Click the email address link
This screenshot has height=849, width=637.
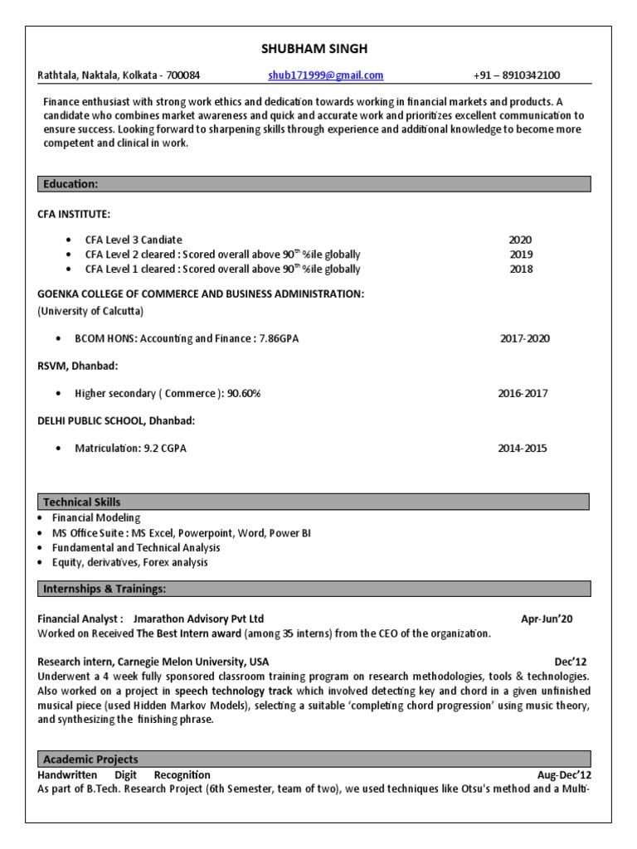[x=326, y=75]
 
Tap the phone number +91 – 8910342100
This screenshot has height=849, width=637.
[x=517, y=75]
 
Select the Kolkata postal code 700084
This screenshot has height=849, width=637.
[x=182, y=75]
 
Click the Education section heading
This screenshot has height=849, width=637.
[x=71, y=184]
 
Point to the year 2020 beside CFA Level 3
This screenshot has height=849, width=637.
[x=520, y=240]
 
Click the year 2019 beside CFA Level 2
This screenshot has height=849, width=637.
[x=521, y=255]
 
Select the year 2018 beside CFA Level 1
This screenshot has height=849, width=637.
[x=521, y=269]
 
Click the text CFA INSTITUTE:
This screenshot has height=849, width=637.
[x=74, y=214]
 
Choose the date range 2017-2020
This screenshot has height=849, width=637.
[x=524, y=339]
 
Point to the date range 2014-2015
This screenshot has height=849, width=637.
[x=523, y=449]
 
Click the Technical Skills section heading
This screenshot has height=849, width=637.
[x=81, y=502]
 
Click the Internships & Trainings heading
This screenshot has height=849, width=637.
[x=105, y=589]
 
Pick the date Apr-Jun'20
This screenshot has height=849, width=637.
[x=547, y=619]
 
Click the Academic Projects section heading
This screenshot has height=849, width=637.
[x=90, y=759]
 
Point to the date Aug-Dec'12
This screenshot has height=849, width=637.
[x=563, y=775]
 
